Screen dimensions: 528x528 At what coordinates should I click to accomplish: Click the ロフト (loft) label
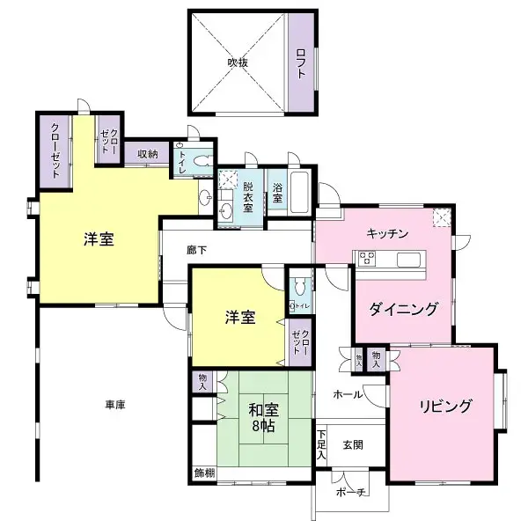click(x=300, y=62)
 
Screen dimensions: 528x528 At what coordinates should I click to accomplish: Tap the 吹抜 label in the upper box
click(x=238, y=62)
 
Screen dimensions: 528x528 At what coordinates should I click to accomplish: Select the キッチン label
click(x=387, y=233)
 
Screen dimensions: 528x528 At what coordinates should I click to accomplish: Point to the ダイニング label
click(x=404, y=309)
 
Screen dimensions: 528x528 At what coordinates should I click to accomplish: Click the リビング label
click(x=445, y=407)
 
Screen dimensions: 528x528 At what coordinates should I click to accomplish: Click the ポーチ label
click(x=349, y=493)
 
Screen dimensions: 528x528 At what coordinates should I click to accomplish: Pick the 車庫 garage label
click(x=115, y=405)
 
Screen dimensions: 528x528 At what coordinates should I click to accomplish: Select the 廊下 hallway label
click(x=198, y=249)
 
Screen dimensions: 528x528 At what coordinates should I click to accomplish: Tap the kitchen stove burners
click(x=365, y=258)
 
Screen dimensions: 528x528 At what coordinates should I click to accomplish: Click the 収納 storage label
click(x=147, y=154)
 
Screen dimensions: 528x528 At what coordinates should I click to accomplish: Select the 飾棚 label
click(x=204, y=473)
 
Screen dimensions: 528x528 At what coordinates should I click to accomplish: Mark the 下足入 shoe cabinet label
click(x=322, y=445)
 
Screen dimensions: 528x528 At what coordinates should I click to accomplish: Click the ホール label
click(x=347, y=395)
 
